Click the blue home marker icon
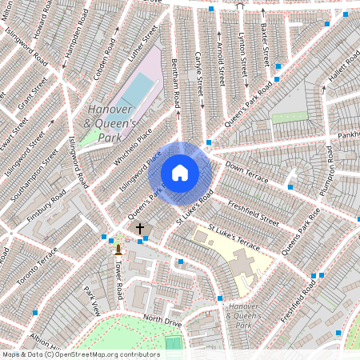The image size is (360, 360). click(x=180, y=173)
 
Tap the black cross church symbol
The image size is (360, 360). click(x=140, y=229)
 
